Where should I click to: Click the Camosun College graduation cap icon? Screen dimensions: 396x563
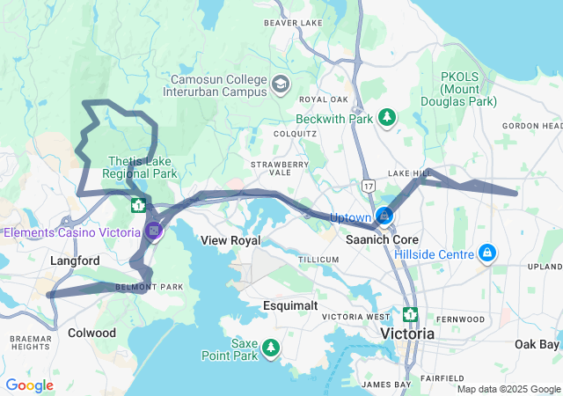[x=280, y=84]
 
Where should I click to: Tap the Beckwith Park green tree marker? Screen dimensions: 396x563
[x=386, y=117]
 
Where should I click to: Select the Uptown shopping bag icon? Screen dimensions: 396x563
[x=384, y=216]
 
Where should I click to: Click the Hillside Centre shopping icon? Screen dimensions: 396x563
[x=486, y=254]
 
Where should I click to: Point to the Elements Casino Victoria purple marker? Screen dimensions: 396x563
[x=155, y=231]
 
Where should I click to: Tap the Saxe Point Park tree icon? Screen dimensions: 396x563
[x=271, y=348]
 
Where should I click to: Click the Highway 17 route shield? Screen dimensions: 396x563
[x=367, y=186]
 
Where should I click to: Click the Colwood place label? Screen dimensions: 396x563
[x=91, y=333]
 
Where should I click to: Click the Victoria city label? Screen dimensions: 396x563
[x=407, y=334]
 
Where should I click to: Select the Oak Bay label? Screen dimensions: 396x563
[x=536, y=343]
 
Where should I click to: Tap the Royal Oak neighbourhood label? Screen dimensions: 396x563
[x=318, y=99]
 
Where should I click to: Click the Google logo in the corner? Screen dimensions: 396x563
[x=29, y=385]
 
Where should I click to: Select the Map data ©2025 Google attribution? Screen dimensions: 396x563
[x=508, y=389]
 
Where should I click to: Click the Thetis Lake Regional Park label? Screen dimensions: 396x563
[x=140, y=167]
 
